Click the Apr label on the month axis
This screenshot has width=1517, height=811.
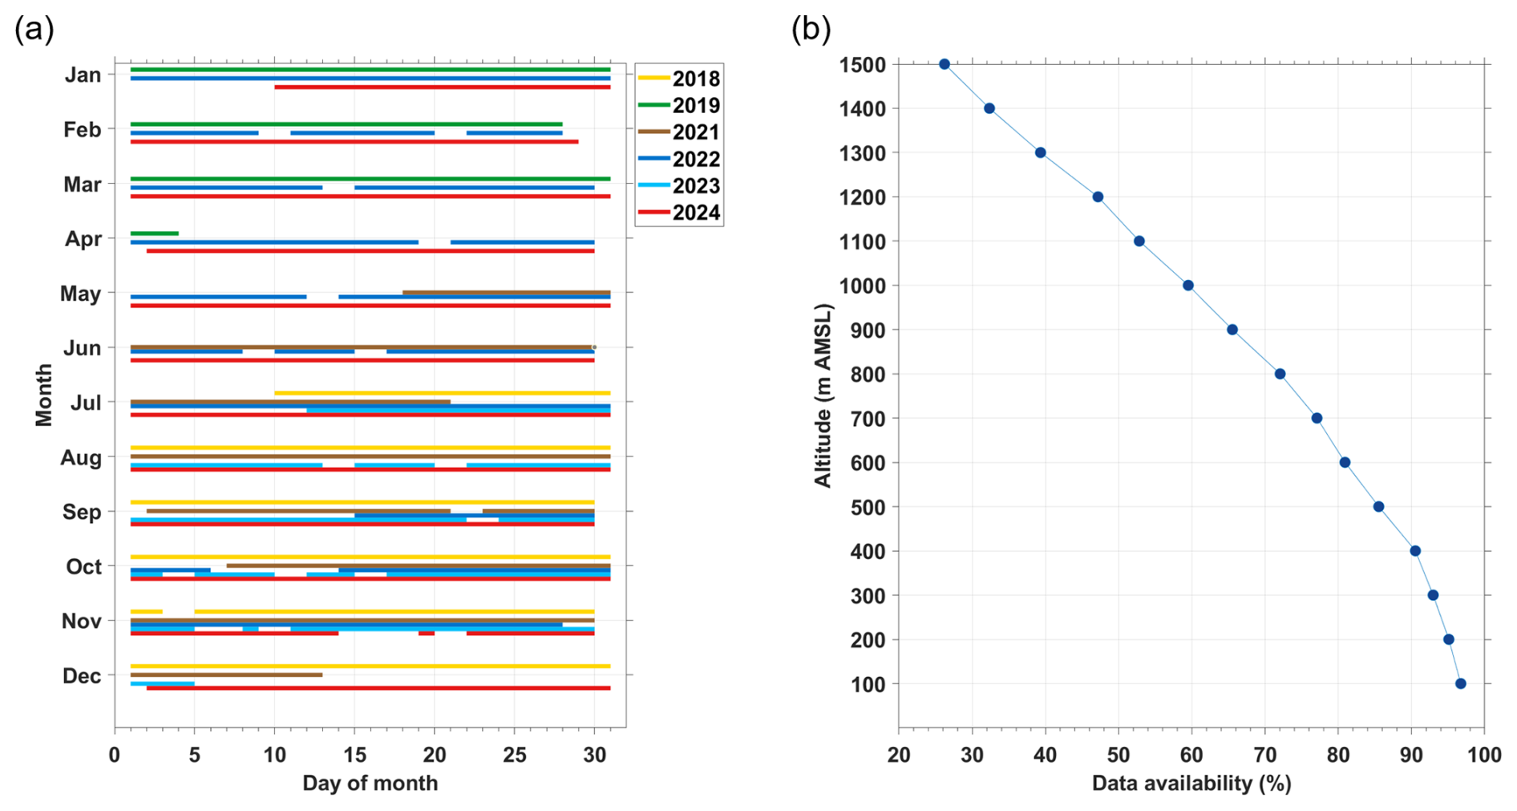(83, 239)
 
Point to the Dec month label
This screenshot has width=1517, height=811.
(82, 676)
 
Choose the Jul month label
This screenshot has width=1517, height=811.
(86, 403)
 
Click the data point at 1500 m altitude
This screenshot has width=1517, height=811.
(945, 64)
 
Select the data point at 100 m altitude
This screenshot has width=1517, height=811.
(1461, 684)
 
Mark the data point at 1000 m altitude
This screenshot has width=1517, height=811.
(1188, 286)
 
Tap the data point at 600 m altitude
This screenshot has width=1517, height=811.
(1345, 463)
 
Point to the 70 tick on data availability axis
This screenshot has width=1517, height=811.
(1265, 755)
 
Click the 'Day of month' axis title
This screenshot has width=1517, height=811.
(370, 784)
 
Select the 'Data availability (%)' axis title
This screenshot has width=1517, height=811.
(1191, 784)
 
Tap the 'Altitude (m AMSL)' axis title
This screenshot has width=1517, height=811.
(823, 395)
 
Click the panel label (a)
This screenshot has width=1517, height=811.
(34, 30)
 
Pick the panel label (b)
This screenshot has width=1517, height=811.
(811, 30)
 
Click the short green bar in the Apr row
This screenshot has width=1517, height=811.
(155, 233)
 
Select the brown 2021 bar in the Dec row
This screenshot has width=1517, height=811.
(226, 675)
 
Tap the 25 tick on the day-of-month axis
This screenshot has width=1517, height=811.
(514, 755)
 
